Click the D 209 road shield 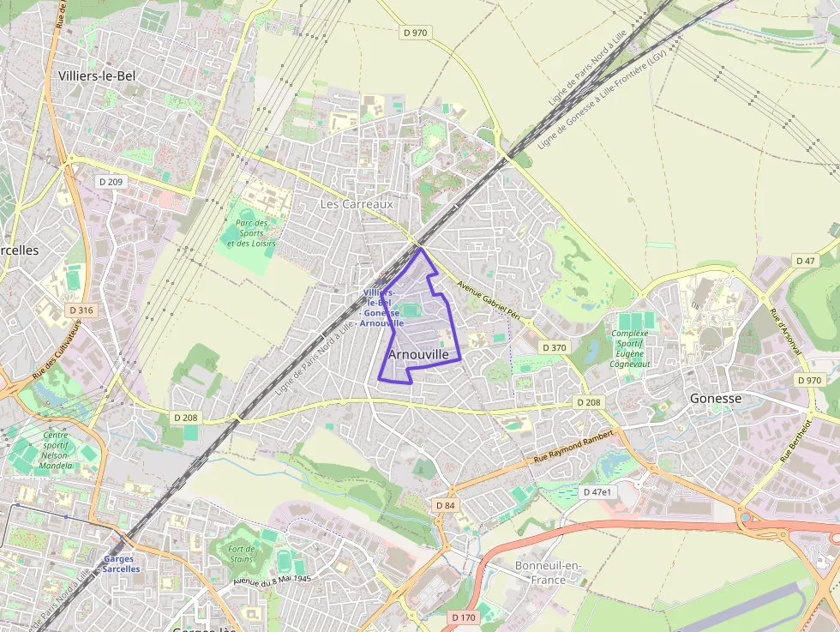click(111, 182)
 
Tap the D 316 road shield click(81, 310)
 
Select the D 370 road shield click(555, 347)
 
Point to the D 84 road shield click(445, 505)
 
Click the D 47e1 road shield click(597, 492)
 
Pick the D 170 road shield click(463, 617)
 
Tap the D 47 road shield click(805, 261)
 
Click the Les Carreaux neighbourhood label click(356, 204)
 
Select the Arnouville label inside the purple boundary click(418, 353)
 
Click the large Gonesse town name click(716, 399)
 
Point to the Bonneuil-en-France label click(549, 573)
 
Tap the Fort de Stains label click(241, 554)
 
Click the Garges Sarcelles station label click(121, 563)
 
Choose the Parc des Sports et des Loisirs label click(251, 233)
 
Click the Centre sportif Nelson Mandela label click(56, 451)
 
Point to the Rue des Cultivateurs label click(57, 350)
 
